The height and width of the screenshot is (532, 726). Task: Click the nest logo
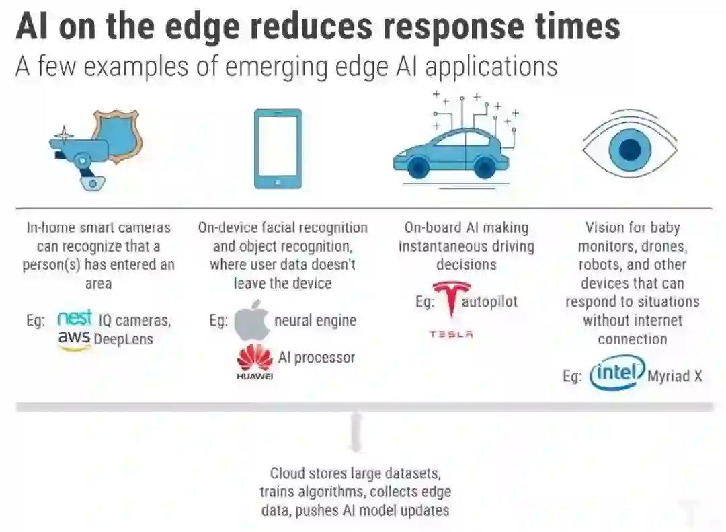(x=75, y=319)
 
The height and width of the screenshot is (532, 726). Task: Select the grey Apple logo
(x=251, y=319)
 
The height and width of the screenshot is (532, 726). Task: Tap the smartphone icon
(x=278, y=149)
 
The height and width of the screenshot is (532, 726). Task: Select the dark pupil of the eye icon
(x=630, y=147)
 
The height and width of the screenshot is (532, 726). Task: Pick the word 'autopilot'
(x=491, y=301)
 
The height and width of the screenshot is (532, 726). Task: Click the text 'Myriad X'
(x=674, y=376)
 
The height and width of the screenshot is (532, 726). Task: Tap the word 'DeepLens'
(x=123, y=340)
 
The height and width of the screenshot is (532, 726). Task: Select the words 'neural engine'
(x=315, y=320)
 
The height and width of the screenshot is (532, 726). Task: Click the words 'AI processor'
(x=317, y=357)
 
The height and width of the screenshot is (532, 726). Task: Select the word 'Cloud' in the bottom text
(x=290, y=473)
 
